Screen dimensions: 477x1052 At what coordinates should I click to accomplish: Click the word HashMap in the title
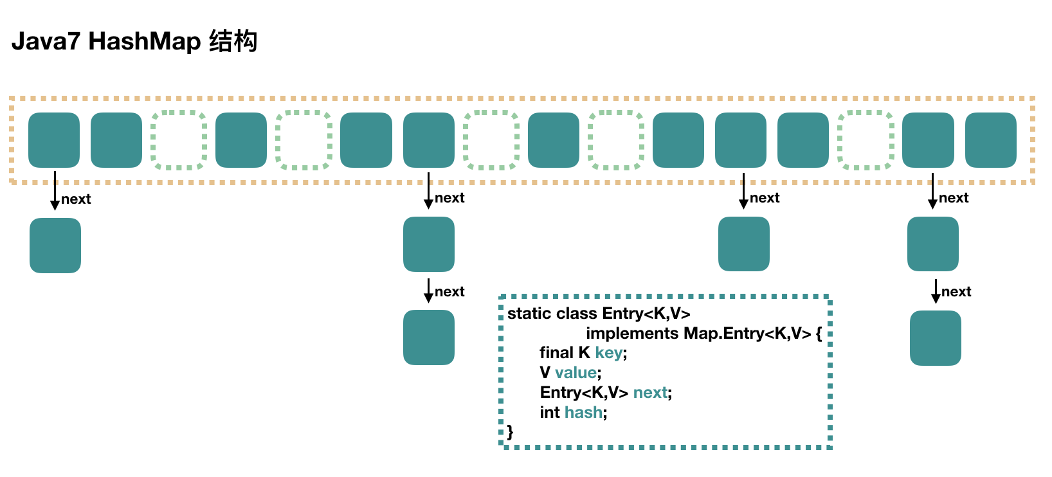click(145, 41)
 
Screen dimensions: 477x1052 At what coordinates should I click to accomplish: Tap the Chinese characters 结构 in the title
click(233, 41)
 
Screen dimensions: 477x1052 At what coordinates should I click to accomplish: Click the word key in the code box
click(608, 353)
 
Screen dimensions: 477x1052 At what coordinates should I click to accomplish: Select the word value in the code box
click(576, 373)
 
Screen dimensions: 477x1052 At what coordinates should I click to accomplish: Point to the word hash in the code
click(583, 413)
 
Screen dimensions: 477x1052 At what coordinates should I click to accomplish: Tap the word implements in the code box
click(632, 334)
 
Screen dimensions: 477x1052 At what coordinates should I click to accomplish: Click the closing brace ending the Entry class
click(511, 432)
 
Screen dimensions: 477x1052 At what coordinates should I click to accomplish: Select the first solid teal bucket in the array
click(54, 140)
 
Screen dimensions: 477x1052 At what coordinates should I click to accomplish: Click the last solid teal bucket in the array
click(990, 140)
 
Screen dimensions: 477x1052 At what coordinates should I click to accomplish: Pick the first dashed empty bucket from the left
click(179, 140)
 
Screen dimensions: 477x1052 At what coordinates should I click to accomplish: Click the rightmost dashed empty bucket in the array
click(866, 140)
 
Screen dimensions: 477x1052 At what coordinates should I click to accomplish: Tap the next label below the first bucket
click(76, 199)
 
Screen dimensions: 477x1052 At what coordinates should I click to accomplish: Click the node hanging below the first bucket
click(55, 246)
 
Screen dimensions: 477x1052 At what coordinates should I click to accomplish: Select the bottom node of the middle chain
click(429, 337)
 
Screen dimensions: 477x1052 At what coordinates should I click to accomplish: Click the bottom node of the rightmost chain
click(935, 338)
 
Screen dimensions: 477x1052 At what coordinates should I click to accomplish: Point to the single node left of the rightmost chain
click(744, 244)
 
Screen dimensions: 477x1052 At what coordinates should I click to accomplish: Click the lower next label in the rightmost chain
click(956, 292)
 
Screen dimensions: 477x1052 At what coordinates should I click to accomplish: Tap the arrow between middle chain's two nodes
click(428, 291)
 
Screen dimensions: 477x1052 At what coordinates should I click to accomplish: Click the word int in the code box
click(550, 413)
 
